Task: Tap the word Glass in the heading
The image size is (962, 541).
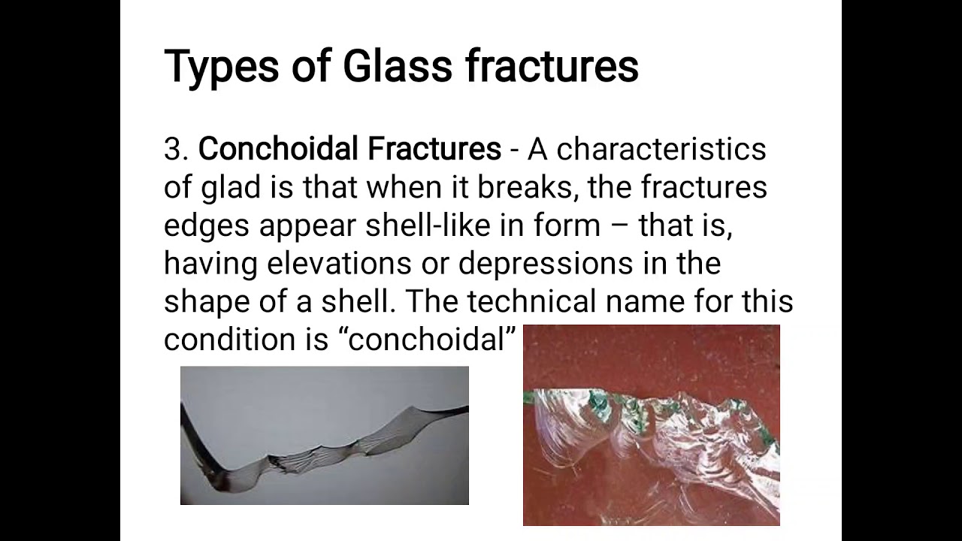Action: [397, 66]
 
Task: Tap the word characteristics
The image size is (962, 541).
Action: [661, 149]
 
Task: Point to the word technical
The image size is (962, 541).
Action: [533, 302]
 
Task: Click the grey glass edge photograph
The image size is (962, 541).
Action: [324, 435]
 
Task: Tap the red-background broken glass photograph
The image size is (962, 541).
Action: [651, 425]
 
